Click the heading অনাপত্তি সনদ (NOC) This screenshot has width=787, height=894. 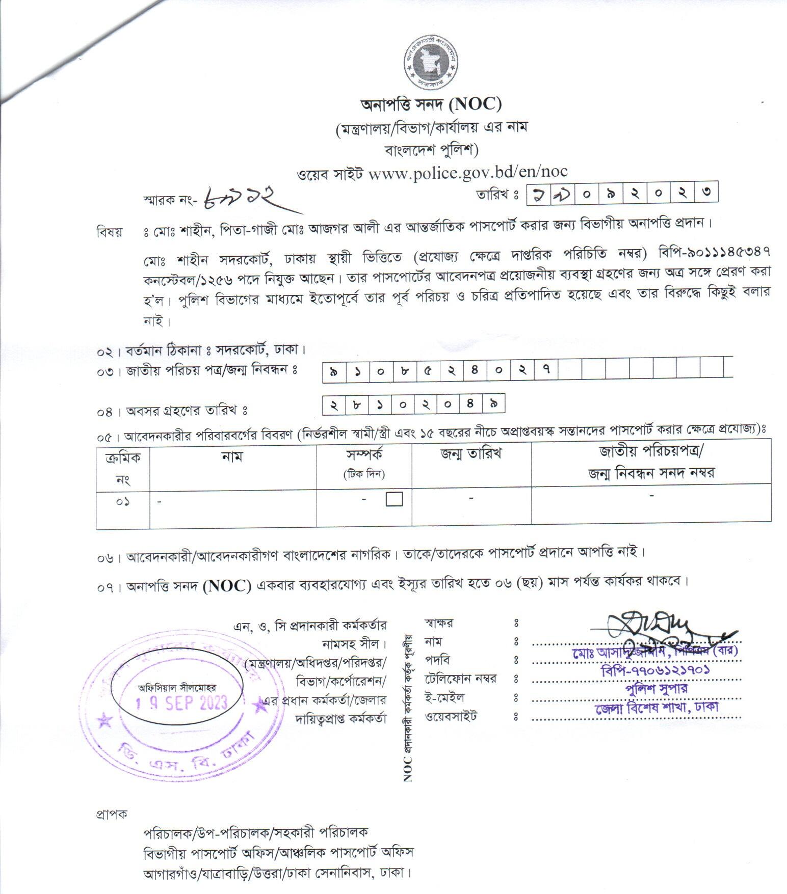pyautogui.click(x=431, y=104)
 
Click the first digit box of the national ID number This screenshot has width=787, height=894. pyautogui.click(x=334, y=372)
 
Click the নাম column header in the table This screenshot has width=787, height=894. pyautogui.click(x=232, y=456)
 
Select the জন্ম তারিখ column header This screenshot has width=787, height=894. pyautogui.click(x=471, y=453)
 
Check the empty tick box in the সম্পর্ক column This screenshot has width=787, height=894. pyautogui.click(x=394, y=499)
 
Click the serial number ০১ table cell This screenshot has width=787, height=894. pyautogui.click(x=122, y=502)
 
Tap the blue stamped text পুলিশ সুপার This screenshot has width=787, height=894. pyautogui.click(x=657, y=689)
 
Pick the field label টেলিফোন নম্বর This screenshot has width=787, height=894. pyautogui.click(x=460, y=679)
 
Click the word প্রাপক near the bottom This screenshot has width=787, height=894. pyautogui.click(x=111, y=814)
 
